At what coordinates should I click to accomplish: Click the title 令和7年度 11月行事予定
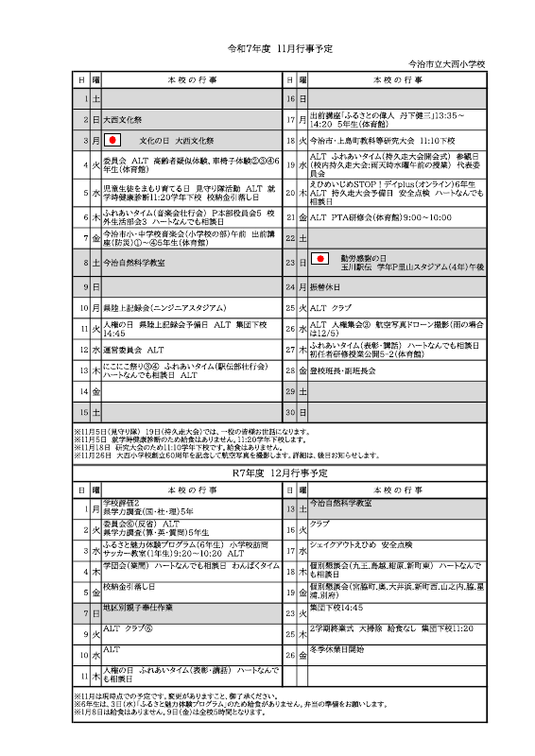coord(267,47)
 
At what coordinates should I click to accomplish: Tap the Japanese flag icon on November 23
coord(320,258)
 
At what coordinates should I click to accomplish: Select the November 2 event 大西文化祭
coord(123,120)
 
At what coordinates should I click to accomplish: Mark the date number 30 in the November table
coord(290,413)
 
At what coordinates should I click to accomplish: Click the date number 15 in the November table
coord(83,413)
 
